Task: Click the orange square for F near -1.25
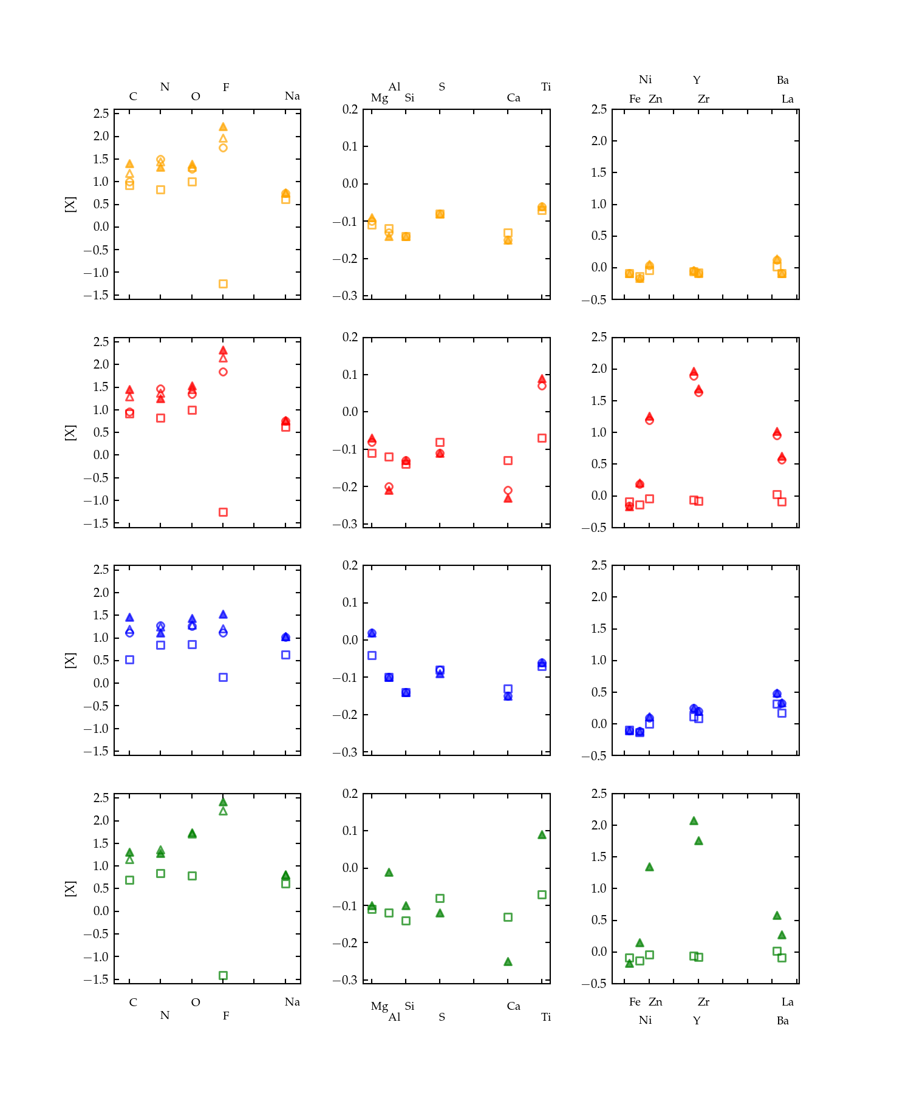[223, 284]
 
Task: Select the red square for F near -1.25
[223, 512]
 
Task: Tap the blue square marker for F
[223, 677]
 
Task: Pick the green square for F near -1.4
[223, 975]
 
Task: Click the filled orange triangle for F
[223, 127]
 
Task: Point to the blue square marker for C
[129, 659]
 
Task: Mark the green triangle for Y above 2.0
[694, 821]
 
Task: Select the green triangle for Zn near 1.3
[649, 867]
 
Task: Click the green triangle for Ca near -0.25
[508, 962]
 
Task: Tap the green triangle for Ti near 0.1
[542, 835]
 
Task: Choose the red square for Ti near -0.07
[542, 438]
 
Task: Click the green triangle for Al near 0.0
[389, 873]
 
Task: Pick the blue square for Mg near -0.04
[372, 655]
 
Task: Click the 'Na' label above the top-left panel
[292, 96]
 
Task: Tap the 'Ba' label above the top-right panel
[782, 80]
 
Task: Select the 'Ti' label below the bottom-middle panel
[546, 1017]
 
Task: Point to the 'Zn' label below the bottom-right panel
[655, 1002]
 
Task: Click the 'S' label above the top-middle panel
[442, 87]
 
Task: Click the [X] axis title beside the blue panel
[70, 661]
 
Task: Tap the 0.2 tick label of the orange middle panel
[350, 109]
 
